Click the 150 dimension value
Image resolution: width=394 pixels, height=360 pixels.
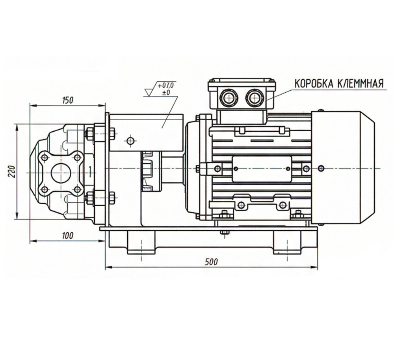tap(68, 100)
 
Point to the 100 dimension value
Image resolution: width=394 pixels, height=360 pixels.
tap(68, 236)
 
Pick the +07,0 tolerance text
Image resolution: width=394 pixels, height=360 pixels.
tap(165, 85)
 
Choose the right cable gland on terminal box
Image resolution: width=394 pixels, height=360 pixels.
tap(254, 97)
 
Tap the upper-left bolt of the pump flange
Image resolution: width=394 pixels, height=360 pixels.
tap(45, 157)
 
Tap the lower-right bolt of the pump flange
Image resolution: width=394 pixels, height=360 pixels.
tap(78, 190)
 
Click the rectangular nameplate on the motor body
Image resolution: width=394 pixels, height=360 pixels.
tap(262, 169)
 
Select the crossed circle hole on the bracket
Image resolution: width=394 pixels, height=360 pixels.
tap(130, 140)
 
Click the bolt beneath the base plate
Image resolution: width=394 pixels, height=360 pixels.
tap(224, 232)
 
